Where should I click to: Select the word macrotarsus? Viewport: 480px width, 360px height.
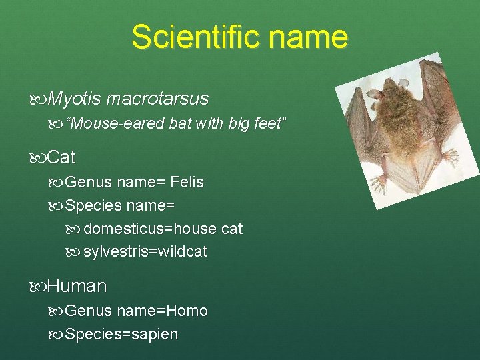(x=157, y=99)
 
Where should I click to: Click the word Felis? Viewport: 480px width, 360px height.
(x=187, y=182)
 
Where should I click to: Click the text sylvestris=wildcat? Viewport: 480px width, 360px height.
(x=145, y=251)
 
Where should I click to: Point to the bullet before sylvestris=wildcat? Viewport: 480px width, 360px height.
(x=75, y=252)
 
